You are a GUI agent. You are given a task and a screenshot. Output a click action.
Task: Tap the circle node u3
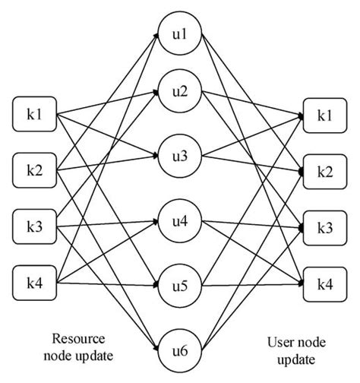pos(180,157)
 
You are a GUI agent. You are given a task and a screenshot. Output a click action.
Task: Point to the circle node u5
pos(180,288)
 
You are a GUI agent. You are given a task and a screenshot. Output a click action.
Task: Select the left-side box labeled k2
pos(36,170)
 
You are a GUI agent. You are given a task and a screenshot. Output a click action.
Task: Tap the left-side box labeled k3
pos(36,226)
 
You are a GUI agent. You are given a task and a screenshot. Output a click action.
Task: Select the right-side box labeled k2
pos(324,172)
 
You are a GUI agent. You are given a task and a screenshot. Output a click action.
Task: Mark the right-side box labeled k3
pos(324,228)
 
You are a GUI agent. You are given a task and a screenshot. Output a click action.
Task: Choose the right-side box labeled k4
pos(324,283)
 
